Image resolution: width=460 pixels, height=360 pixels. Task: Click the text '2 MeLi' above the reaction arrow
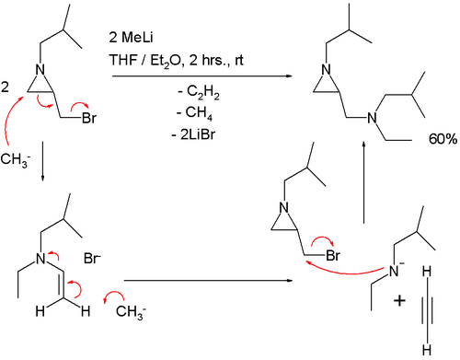tap(131, 38)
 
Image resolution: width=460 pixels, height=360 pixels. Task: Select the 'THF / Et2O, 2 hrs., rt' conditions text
tap(177, 61)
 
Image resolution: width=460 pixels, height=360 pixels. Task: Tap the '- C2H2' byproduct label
tap(199, 92)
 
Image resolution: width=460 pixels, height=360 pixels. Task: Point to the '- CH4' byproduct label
tap(194, 113)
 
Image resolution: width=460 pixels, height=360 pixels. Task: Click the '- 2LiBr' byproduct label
tap(193, 134)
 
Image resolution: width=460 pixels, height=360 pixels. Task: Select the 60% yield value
tap(443, 139)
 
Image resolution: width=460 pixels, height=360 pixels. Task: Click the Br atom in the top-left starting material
tap(89, 118)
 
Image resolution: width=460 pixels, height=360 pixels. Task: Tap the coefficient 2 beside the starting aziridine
tap(5, 87)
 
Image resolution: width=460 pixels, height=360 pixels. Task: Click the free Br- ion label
tap(92, 259)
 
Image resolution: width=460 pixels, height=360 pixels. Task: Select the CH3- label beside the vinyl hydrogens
tap(131, 312)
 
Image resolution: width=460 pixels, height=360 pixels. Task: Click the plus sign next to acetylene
tap(399, 300)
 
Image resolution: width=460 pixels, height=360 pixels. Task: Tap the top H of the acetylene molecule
tap(427, 272)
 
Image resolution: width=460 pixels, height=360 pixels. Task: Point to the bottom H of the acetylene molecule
tap(427, 350)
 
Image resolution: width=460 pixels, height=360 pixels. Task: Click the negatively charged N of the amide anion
tap(394, 271)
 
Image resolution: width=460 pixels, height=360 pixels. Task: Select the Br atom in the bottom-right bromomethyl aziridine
tap(333, 255)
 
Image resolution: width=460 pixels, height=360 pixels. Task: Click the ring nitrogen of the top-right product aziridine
tap(327, 70)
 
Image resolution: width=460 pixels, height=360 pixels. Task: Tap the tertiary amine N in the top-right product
tap(372, 118)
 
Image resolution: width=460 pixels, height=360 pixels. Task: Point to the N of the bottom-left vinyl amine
tap(40, 259)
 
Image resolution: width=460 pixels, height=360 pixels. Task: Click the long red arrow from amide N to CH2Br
tap(347, 272)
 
